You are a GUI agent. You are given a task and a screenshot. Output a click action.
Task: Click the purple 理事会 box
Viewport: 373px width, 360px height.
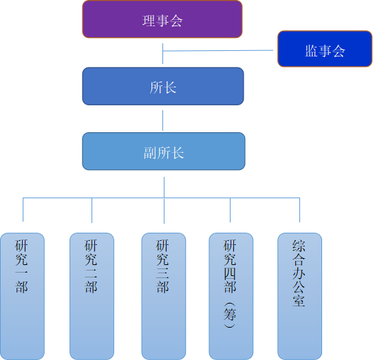pyautogui.click(x=162, y=19)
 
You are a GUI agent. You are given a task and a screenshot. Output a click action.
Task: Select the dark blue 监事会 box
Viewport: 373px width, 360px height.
pyautogui.click(x=325, y=49)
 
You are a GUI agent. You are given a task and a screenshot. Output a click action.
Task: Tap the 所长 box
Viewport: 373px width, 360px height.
pyautogui.click(x=163, y=86)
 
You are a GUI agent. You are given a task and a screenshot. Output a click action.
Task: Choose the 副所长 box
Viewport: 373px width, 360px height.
pyautogui.click(x=164, y=151)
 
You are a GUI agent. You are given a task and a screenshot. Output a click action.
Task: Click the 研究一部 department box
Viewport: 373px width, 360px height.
pyautogui.click(x=22, y=296)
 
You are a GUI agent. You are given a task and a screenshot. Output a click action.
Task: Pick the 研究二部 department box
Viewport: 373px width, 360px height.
pyautogui.click(x=92, y=296)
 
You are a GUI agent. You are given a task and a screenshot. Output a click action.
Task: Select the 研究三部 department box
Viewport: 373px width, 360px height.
pyautogui.click(x=164, y=296)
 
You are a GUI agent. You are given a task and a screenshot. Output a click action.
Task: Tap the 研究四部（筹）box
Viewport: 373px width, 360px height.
pyautogui.click(x=231, y=296)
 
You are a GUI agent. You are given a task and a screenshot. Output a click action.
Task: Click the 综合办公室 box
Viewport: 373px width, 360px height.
pyautogui.click(x=300, y=296)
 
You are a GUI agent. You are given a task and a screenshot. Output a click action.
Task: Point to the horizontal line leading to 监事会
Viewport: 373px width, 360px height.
pyautogui.click(x=218, y=50)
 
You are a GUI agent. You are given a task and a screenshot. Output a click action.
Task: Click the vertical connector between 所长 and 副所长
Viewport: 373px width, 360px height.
pyautogui.click(x=162, y=120)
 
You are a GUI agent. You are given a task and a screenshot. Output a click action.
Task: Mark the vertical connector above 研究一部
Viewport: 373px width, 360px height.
pyautogui.click(x=23, y=210)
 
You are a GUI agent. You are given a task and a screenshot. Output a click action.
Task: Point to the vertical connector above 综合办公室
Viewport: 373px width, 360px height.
pyautogui.click(x=300, y=210)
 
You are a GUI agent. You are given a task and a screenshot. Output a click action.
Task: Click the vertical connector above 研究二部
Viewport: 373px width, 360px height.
pyautogui.click(x=92, y=211)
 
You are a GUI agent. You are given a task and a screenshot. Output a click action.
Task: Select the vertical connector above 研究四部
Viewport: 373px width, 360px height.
pyautogui.click(x=230, y=210)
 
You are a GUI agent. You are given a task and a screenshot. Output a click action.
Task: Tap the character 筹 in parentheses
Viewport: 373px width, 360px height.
pyautogui.click(x=230, y=315)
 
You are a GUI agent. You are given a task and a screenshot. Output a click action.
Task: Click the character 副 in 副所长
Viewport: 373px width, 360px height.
pyautogui.click(x=150, y=153)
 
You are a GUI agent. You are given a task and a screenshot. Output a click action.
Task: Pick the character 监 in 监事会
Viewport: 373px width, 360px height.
pyautogui.click(x=311, y=51)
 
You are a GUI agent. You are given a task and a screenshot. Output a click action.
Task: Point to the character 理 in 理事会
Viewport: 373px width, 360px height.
pyautogui.click(x=149, y=21)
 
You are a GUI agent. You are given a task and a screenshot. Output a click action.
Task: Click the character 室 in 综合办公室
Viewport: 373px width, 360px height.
pyautogui.click(x=299, y=300)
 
